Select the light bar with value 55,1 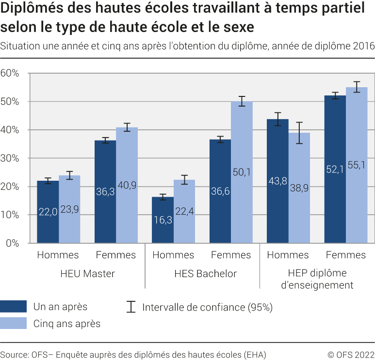(x=357, y=165)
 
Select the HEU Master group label (x=87, y=274)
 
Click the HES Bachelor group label (x=206, y=274)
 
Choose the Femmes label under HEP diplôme (x=346, y=255)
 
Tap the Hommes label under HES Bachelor (x=174, y=255)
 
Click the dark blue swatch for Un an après (x=13, y=307)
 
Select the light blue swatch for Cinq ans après (x=13, y=323)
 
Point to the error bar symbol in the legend (x=130, y=307)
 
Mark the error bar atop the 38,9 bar (x=299, y=133)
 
